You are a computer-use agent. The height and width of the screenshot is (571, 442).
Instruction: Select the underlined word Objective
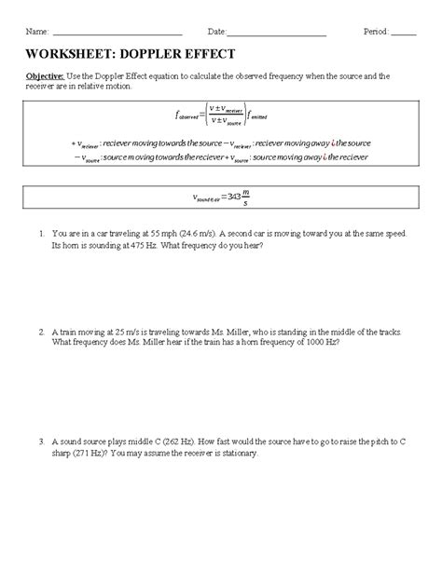click(x=45, y=75)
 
